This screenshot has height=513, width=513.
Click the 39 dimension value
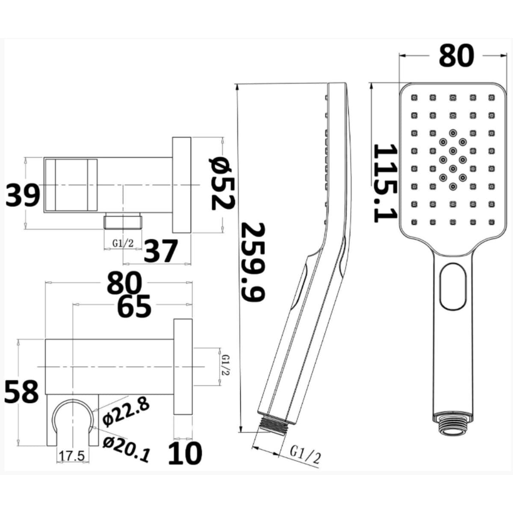click(x=23, y=194)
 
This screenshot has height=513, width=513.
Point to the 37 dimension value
click(x=161, y=251)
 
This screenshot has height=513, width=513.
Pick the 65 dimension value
click(x=134, y=305)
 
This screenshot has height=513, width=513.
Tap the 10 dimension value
click(x=185, y=453)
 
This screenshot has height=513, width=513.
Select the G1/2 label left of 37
click(x=123, y=243)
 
